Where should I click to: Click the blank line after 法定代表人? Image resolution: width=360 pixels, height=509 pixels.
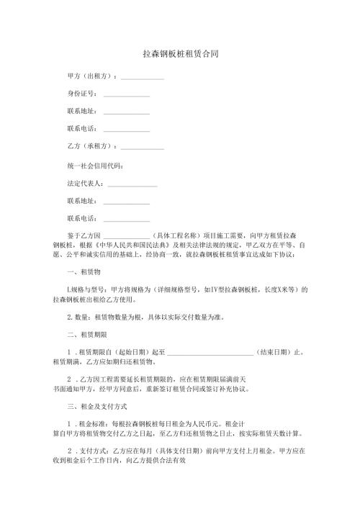point(131,185)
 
